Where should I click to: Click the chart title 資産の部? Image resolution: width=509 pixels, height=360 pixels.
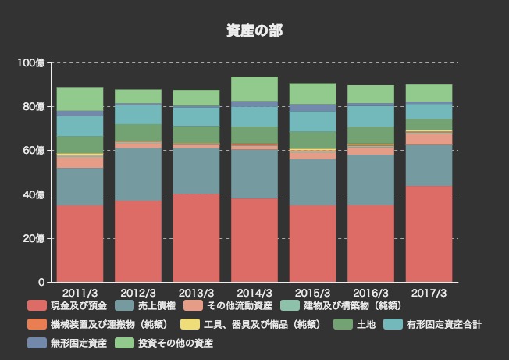(x=255, y=30)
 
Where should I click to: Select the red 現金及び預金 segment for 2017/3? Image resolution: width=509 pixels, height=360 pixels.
(x=429, y=233)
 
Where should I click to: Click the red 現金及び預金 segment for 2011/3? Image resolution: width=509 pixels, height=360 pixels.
(x=80, y=243)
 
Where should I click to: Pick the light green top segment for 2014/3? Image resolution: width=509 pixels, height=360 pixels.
(x=255, y=88)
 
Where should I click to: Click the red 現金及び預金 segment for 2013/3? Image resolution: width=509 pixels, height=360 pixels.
(x=196, y=237)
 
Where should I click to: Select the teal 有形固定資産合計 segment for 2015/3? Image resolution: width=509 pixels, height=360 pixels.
(x=312, y=121)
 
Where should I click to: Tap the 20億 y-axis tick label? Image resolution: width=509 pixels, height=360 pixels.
(x=34, y=238)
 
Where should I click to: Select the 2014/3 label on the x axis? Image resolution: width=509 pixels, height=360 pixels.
(x=255, y=293)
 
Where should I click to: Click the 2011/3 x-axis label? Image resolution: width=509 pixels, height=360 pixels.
(x=80, y=293)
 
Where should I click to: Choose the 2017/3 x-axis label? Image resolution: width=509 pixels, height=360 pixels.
(x=429, y=293)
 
